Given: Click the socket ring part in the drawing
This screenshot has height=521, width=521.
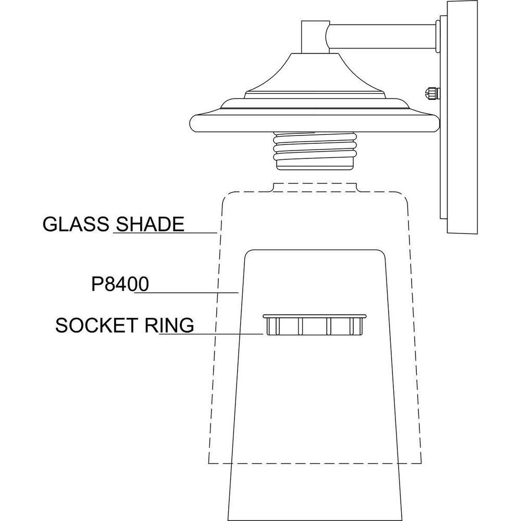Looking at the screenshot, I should coord(315,327).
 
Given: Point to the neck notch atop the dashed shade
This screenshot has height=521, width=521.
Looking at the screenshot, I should coord(315,187).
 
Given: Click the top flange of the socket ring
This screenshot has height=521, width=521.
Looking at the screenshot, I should coord(315,316).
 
